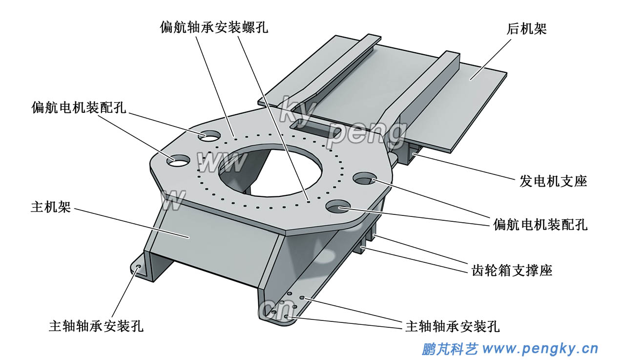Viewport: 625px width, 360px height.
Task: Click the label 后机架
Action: pos(526,29)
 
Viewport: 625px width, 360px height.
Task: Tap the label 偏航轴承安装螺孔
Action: pos(214,27)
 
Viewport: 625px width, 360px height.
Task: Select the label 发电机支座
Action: pos(553,181)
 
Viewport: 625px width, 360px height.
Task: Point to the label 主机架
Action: pos(51,207)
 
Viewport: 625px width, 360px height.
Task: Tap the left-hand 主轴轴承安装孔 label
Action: pos(96,326)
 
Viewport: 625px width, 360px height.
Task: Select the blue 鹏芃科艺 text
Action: pos(449,349)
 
